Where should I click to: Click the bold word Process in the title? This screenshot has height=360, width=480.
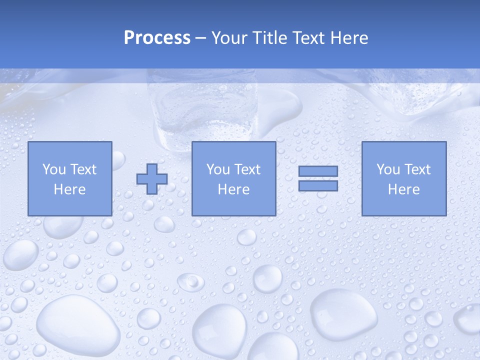pyautogui.click(x=157, y=38)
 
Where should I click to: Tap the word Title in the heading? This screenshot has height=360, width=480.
pyautogui.click(x=270, y=38)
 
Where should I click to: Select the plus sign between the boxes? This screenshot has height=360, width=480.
pyautogui.click(x=152, y=179)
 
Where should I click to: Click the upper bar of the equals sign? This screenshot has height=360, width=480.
pyautogui.click(x=318, y=171)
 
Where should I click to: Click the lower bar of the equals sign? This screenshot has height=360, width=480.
pyautogui.click(x=318, y=185)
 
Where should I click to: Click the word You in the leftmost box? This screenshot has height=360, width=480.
pyautogui.click(x=53, y=169)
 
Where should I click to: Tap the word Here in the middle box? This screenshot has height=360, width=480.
pyautogui.click(x=233, y=189)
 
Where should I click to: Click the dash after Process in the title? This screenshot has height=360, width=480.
pyautogui.click(x=200, y=38)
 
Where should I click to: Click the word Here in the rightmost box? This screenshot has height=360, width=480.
pyautogui.click(x=403, y=189)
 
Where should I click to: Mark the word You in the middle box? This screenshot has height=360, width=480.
pyautogui.click(x=217, y=169)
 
